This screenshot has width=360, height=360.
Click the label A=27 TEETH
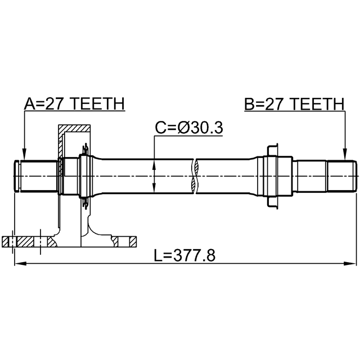74,103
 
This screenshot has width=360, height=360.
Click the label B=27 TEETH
294,103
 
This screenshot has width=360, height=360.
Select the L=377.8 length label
184,255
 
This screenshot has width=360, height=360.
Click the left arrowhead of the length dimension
20,264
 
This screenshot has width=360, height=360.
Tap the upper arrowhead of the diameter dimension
154,165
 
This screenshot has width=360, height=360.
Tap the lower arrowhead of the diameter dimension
154,187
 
